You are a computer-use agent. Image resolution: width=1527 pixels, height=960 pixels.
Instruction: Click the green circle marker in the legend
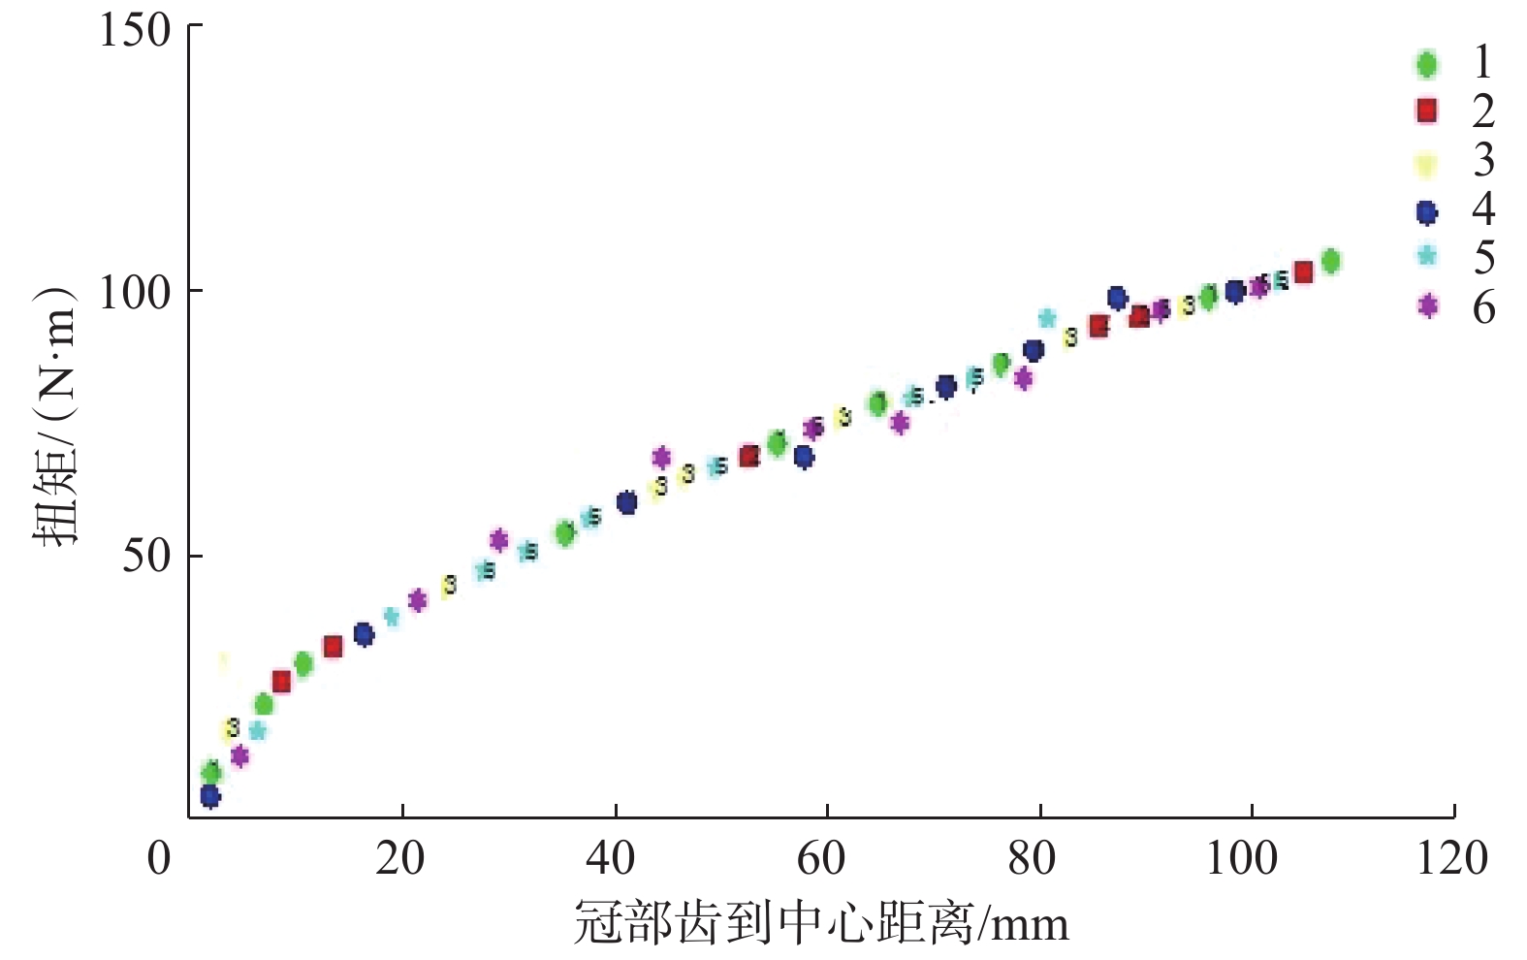pyautogui.click(x=1426, y=64)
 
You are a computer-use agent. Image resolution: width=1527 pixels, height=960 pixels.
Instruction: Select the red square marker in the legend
pyautogui.click(x=1426, y=111)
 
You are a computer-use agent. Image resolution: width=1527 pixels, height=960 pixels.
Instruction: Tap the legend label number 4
pyautogui.click(x=1483, y=208)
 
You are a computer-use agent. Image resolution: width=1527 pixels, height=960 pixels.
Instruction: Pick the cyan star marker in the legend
pyautogui.click(x=1426, y=256)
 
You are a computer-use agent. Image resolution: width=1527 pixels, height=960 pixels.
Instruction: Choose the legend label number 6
pyautogui.click(x=1483, y=307)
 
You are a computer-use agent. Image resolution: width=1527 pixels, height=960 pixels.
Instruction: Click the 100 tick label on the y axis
pyautogui.click(x=135, y=291)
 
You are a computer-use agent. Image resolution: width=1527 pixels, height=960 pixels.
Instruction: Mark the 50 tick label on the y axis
pyautogui.click(x=146, y=556)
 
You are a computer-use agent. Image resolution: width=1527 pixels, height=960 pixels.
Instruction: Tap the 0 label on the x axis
pyautogui.click(x=159, y=858)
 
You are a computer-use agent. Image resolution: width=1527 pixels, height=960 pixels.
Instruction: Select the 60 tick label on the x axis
pyautogui.click(x=821, y=858)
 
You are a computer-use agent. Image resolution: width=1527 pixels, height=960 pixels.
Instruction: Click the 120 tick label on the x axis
pyautogui.click(x=1450, y=858)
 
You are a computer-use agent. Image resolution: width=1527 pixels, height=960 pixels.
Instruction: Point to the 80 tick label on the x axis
pyautogui.click(x=1032, y=858)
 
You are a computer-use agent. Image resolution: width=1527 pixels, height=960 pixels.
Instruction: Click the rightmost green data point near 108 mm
pyautogui.click(x=1330, y=261)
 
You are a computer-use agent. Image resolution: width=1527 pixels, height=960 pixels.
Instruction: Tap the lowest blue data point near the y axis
pyautogui.click(x=210, y=796)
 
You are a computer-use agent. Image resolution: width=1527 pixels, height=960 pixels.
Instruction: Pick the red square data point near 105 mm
pyautogui.click(x=1304, y=272)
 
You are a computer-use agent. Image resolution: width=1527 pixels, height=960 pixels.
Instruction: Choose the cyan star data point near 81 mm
pyautogui.click(x=1047, y=318)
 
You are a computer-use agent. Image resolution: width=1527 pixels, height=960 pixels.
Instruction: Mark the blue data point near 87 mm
pyautogui.click(x=1117, y=298)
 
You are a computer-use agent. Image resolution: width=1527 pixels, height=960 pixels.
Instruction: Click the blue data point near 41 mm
pyautogui.click(x=626, y=502)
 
